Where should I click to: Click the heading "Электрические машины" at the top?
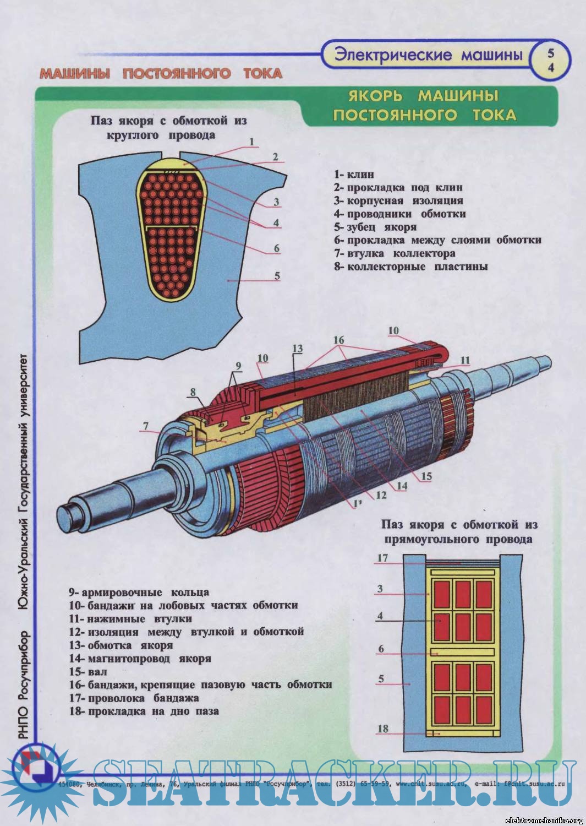pyautogui.click(x=428, y=55)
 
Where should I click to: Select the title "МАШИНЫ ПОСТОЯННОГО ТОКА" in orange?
pyautogui.click(x=161, y=73)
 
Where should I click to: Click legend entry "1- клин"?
pyautogui.click(x=354, y=175)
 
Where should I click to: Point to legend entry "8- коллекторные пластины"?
pyautogui.click(x=410, y=267)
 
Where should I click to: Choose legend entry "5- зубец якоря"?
pyautogui.click(x=375, y=227)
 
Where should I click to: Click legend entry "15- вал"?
pyautogui.click(x=88, y=672)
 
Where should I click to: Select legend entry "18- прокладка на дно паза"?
pyautogui.click(x=144, y=711)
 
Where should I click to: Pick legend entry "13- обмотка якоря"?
pyautogui.click(x=121, y=645)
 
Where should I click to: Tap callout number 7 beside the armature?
pyautogui.click(x=145, y=426)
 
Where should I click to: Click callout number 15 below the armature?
pyautogui.click(x=427, y=476)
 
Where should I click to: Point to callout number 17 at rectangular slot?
pyautogui.click(x=382, y=558)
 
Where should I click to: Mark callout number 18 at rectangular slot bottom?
pyautogui.click(x=382, y=729)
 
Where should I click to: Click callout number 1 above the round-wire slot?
pyautogui.click(x=251, y=142)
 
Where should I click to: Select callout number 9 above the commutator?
pyautogui.click(x=238, y=366)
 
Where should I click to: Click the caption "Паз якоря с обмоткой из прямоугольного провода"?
pyautogui.click(x=459, y=532)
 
